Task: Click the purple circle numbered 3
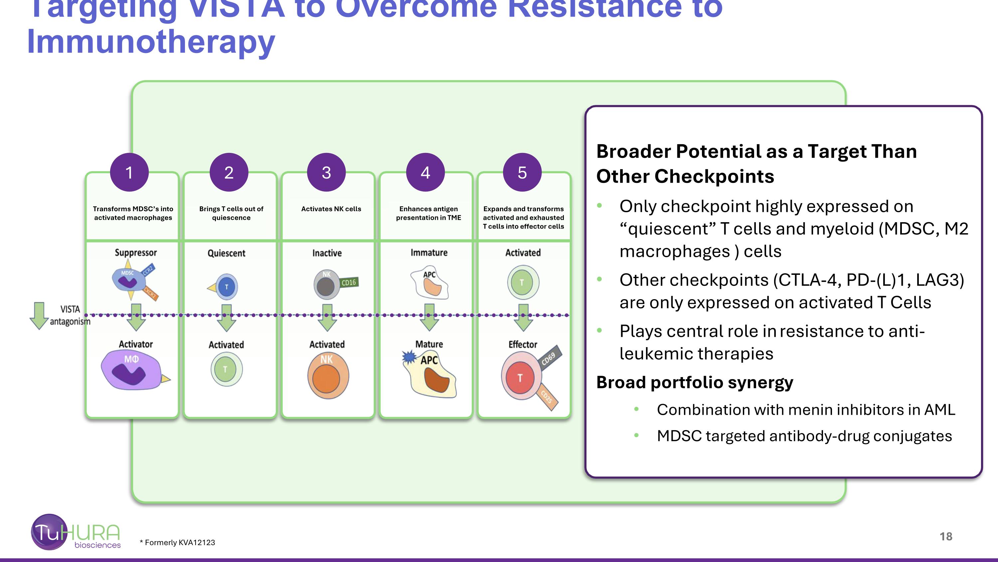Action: pos(326,172)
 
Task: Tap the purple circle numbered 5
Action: pos(522,172)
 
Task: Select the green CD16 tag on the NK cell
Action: pos(349,282)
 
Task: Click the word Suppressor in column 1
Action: pos(136,253)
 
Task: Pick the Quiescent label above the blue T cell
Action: pos(226,253)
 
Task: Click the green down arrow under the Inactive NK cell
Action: pos(327,317)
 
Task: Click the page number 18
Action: pos(946,536)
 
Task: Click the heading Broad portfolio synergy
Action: pos(694,382)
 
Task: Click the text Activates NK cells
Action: pos(331,209)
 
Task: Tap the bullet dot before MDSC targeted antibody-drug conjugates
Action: pos(636,435)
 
